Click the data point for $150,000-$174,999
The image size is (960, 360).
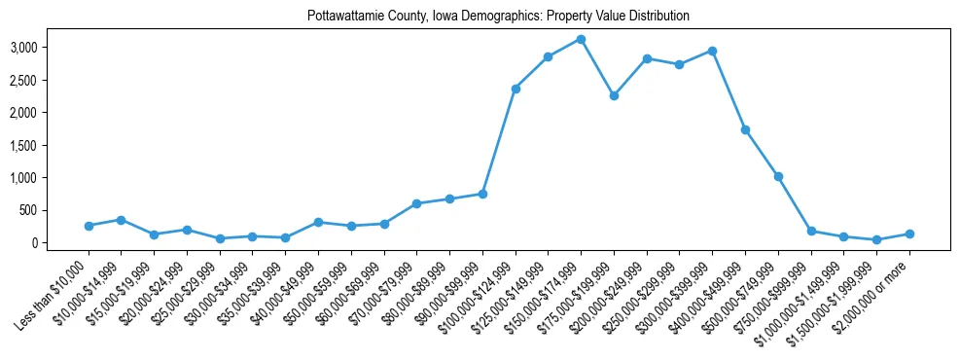pos(581,39)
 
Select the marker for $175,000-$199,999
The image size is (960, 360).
pos(614,95)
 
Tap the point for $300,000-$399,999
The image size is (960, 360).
pos(712,51)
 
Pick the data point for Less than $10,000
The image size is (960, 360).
pos(89,226)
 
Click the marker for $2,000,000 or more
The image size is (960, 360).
pos(909,234)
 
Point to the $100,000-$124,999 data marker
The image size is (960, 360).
pos(516,89)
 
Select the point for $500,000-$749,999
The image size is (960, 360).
pos(778,176)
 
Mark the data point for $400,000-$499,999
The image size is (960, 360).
pos(745,129)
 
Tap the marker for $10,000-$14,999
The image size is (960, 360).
pos(121,220)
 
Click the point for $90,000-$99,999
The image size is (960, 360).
pos(482,194)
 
